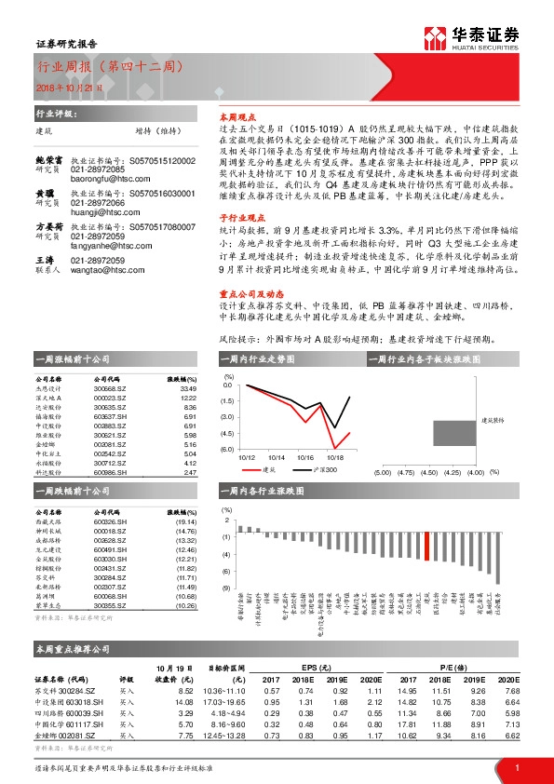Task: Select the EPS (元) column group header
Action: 322,669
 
